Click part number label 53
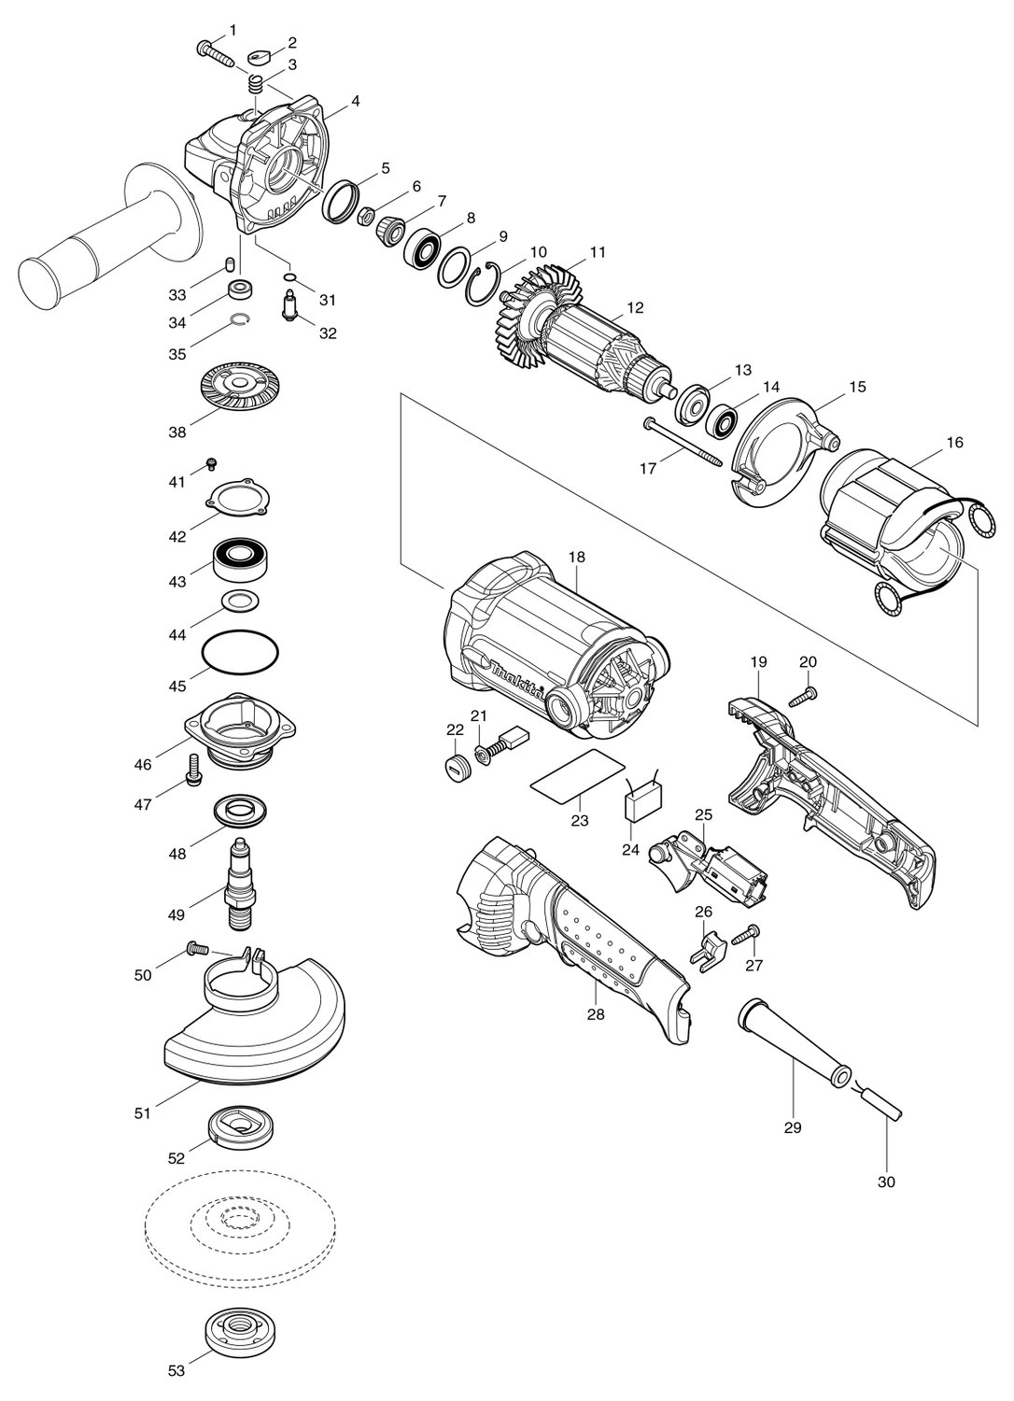(176, 1383)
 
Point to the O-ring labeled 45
(240, 652)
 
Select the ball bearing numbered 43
(240, 559)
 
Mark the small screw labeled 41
(212, 463)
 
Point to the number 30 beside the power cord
(886, 1182)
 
